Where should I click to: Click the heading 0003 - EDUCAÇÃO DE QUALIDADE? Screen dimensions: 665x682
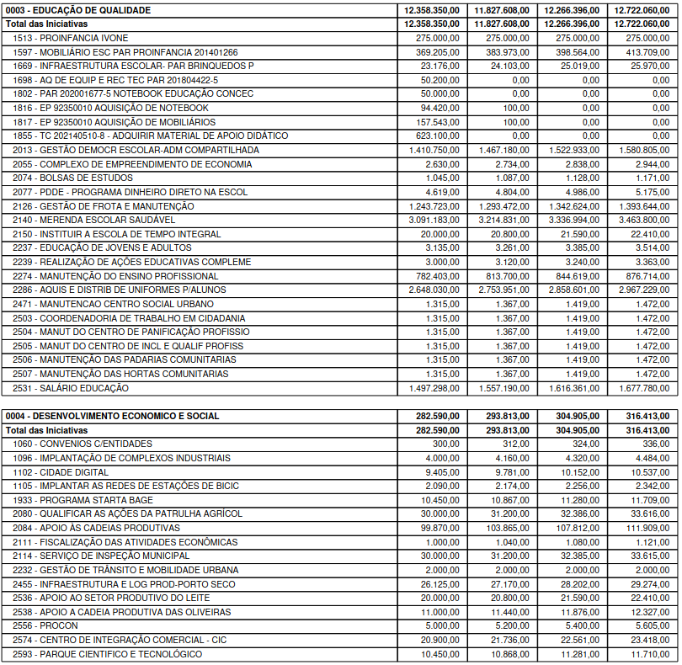pyautogui.click(x=77, y=10)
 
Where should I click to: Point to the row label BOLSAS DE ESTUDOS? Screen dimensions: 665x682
pyautogui.click(x=72, y=178)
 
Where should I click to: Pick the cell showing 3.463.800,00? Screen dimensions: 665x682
pyautogui.click(x=645, y=220)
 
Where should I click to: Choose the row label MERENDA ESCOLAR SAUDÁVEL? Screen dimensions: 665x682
pyautogui.click(x=93, y=220)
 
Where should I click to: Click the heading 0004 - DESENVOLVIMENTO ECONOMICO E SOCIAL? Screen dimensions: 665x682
pyautogui.click(x=112, y=416)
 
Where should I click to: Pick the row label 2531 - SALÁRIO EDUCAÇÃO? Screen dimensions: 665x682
pyautogui.click(x=71, y=388)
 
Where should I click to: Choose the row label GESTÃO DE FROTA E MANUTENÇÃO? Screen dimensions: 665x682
pyautogui.click(x=104, y=206)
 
